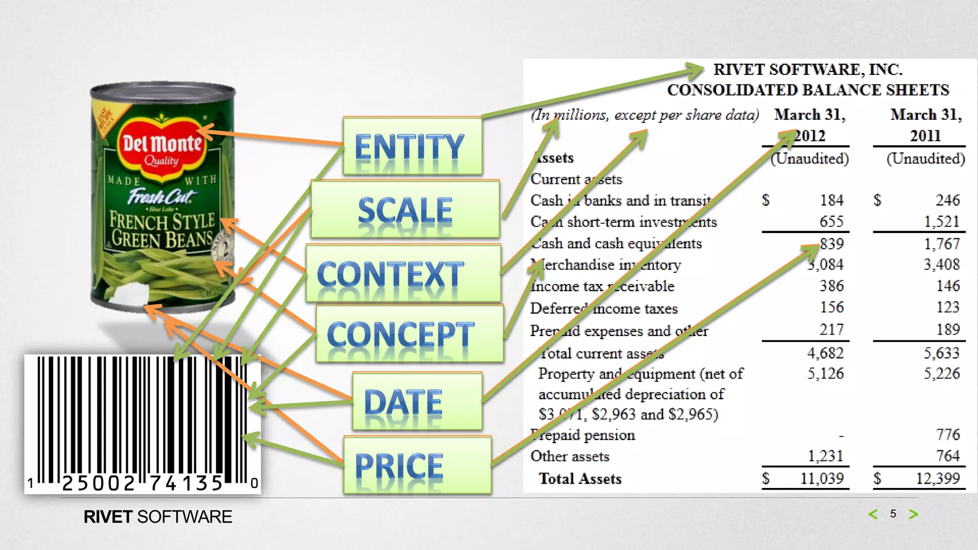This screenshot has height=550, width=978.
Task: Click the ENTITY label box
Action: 413,146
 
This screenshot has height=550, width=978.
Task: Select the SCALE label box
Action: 405,209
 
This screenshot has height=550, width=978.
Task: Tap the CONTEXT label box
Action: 403,273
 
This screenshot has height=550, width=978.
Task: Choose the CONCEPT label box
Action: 409,334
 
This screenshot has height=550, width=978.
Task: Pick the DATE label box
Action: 417,402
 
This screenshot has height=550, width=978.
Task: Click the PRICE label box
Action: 417,465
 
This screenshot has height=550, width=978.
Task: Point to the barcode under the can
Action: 142,423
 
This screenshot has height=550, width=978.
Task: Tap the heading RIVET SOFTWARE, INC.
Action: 808,70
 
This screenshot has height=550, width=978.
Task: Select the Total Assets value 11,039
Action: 822,478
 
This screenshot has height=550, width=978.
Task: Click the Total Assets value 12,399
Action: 937,478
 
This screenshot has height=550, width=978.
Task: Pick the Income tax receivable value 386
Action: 831,286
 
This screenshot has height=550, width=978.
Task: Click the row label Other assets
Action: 570,456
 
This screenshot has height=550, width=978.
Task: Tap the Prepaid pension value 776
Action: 947,434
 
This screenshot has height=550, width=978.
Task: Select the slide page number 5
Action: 893,514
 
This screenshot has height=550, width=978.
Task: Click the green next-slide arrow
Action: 913,514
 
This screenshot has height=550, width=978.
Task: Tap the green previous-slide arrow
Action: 873,514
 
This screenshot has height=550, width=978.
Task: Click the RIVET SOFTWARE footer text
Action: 158,517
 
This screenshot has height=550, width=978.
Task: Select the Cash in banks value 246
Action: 947,200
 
